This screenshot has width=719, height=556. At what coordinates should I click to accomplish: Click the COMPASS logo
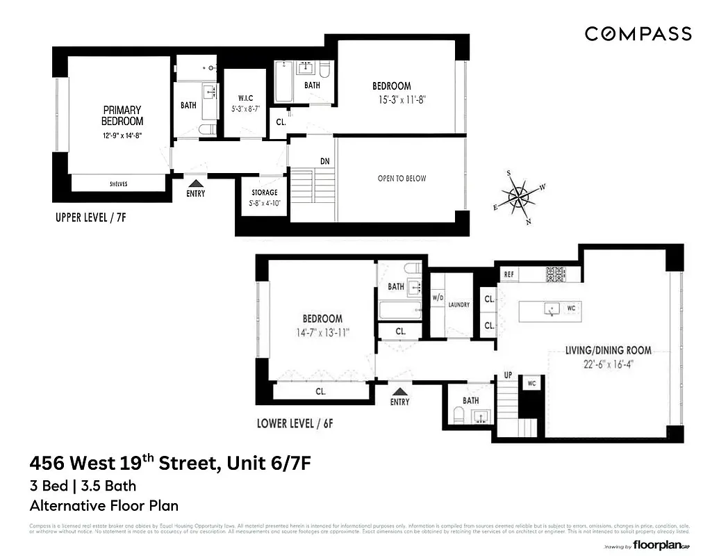[638, 33]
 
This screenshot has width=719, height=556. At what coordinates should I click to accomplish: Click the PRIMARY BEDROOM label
[122, 115]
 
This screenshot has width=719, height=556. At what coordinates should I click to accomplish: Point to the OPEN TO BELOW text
[402, 179]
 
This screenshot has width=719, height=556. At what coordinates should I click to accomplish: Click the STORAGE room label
[263, 193]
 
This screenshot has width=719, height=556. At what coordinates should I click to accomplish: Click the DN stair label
[324, 161]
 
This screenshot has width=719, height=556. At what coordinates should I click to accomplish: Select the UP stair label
[508, 375]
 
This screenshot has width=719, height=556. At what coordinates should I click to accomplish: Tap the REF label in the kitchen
[509, 275]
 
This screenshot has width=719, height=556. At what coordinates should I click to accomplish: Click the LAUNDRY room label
[459, 304]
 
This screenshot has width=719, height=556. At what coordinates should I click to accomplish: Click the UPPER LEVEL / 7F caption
[90, 218]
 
